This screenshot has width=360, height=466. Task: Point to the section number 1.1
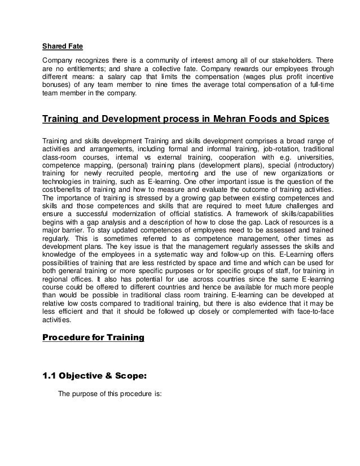click(x=50, y=372)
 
